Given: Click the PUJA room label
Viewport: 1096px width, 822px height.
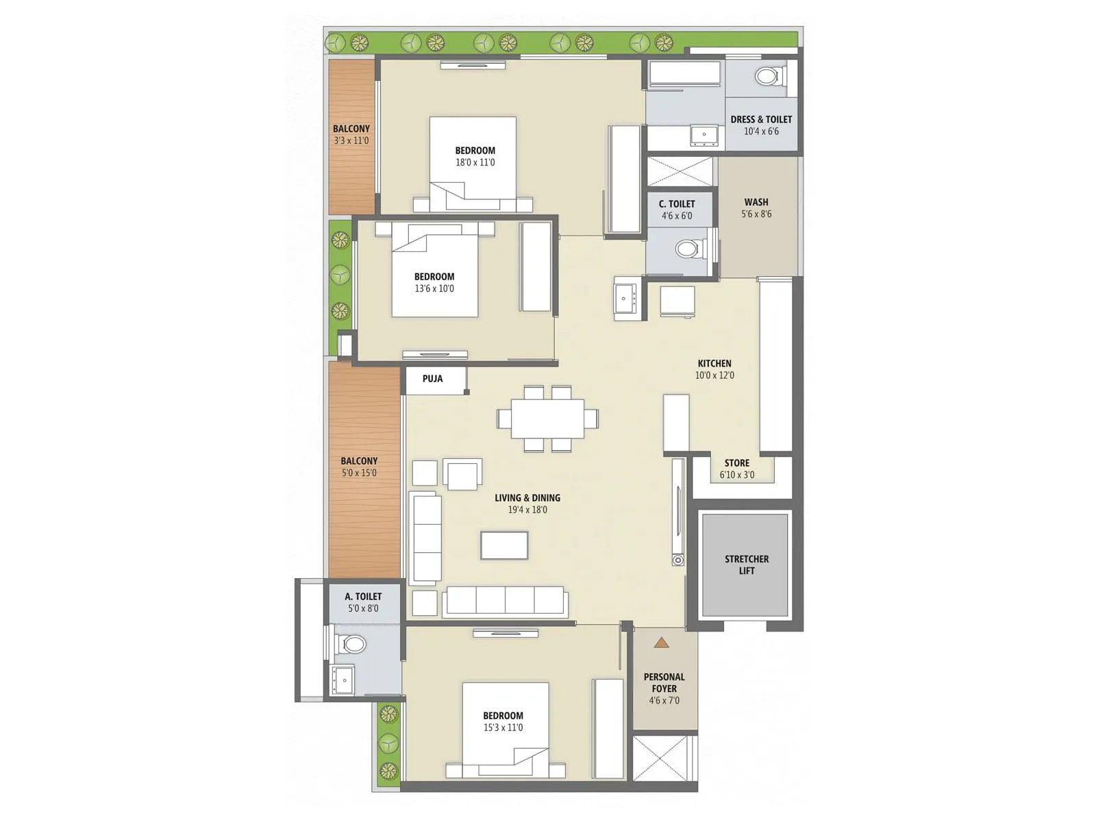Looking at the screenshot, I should click(x=432, y=379).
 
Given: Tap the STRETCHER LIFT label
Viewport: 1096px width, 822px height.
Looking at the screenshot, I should click(x=746, y=565).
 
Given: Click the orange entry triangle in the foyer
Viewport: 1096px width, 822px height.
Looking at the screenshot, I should click(x=661, y=643).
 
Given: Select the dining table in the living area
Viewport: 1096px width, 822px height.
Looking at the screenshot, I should click(x=547, y=419).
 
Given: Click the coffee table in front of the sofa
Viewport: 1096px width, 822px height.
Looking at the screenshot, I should click(x=504, y=545).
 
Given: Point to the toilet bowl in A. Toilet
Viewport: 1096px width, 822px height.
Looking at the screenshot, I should click(x=352, y=644).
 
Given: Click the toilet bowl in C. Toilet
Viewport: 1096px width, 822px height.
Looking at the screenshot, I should click(x=688, y=248).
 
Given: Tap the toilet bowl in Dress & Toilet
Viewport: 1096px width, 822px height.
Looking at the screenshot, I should click(x=769, y=76).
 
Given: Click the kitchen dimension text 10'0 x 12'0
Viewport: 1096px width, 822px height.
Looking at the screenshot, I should click(x=714, y=375).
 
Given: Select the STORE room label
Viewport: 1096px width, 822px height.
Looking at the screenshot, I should click(x=737, y=463).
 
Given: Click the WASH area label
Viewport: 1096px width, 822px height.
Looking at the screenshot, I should click(x=756, y=202).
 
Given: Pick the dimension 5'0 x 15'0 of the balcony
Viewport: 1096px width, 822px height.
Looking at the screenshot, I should click(x=359, y=473).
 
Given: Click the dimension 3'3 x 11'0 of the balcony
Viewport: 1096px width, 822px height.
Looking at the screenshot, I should click(x=351, y=140).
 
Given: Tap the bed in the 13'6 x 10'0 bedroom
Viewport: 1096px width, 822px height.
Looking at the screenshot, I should click(x=434, y=274).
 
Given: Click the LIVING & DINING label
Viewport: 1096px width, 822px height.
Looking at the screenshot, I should click(x=527, y=498).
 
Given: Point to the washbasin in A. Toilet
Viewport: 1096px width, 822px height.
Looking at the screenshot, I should click(x=342, y=680).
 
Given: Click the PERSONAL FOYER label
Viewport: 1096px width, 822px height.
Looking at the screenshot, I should click(x=664, y=682).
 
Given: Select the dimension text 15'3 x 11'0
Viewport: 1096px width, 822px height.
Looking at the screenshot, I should click(x=503, y=727).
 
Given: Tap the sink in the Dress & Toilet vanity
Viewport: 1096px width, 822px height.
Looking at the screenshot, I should click(x=703, y=135).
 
